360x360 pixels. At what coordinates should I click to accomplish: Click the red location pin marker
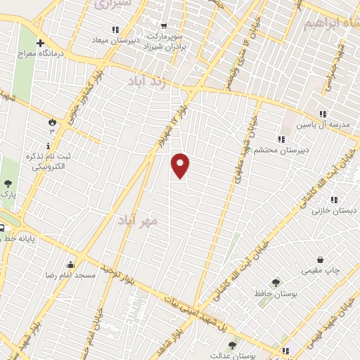click(181, 165)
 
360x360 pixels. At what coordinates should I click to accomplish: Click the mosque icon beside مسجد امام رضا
click(71, 265)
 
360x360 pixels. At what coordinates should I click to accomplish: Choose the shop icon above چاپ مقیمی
click(321, 259)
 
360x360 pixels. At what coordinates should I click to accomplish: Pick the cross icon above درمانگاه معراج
click(40, 43)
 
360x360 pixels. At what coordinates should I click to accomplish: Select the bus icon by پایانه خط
click(3, 228)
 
